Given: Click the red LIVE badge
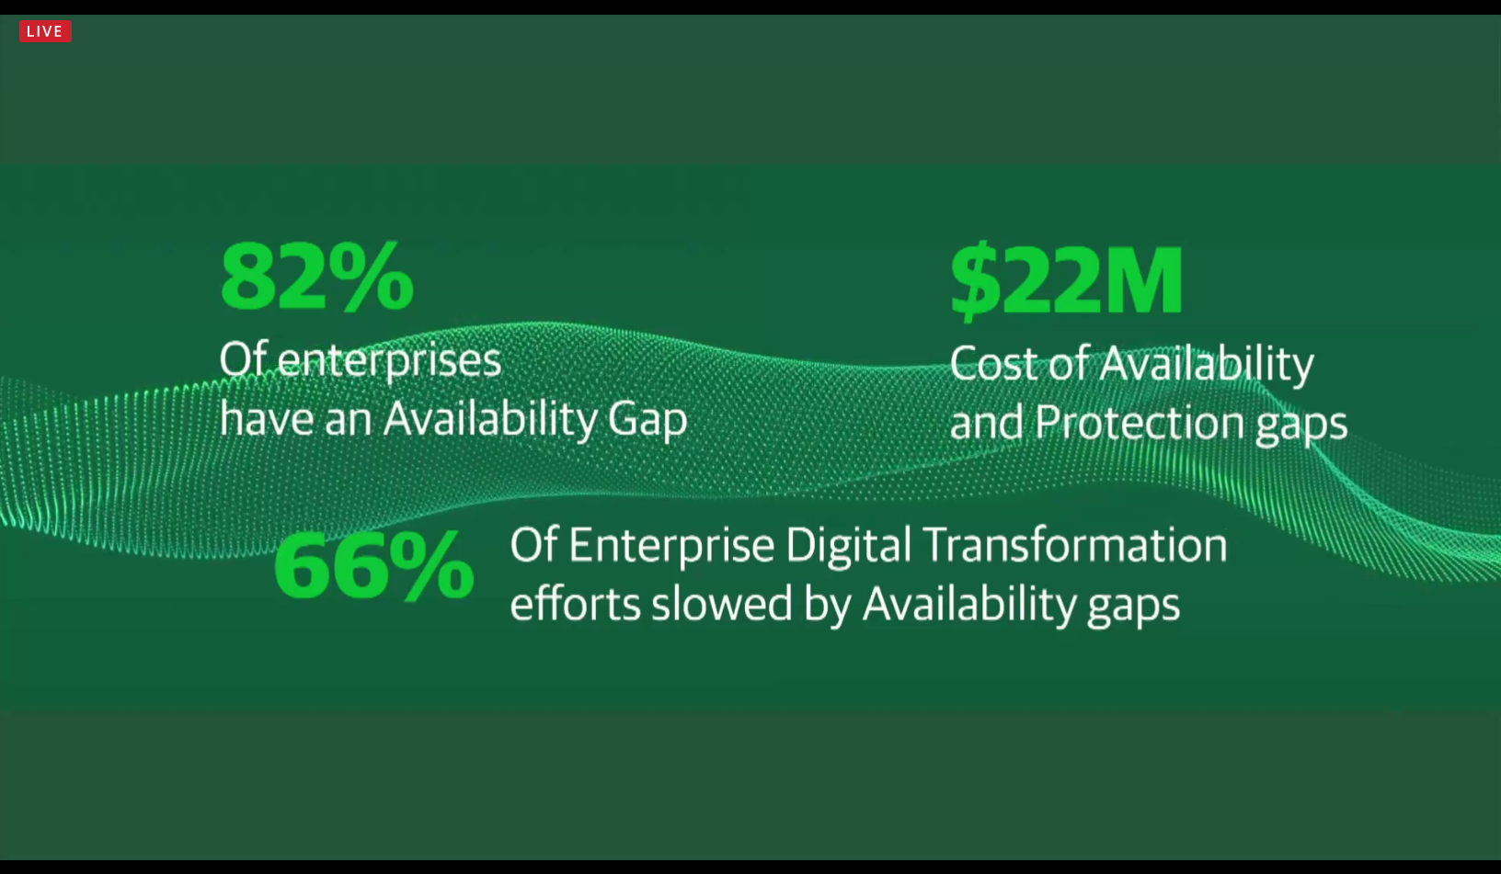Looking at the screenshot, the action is click(x=46, y=31).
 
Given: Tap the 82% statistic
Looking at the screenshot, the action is click(x=317, y=278).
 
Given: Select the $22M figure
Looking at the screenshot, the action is click(x=1067, y=280).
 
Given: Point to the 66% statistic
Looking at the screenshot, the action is click(x=374, y=564).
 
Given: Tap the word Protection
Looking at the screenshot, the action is click(x=1140, y=423).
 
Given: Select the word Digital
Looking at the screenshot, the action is click(x=848, y=544).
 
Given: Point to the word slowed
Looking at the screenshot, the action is click(x=722, y=604).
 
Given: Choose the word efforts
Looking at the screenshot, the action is click(x=575, y=604).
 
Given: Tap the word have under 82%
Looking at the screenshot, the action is click(x=267, y=419).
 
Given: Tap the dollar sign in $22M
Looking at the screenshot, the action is click(x=976, y=280).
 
